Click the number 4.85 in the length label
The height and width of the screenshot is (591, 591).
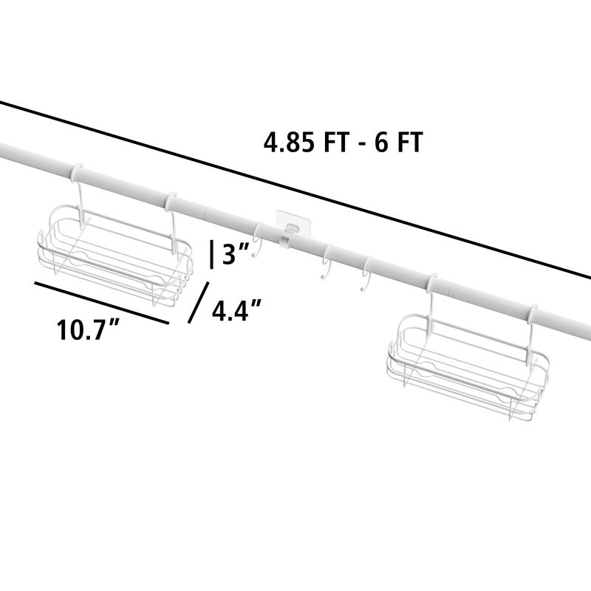tap(288, 143)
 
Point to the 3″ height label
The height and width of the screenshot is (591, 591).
tap(236, 253)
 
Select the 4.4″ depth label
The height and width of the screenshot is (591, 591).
tap(236, 310)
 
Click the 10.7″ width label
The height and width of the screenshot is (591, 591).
tap(88, 329)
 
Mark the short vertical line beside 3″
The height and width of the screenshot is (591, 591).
tap(211, 255)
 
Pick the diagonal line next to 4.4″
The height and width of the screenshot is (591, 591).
tap(198, 302)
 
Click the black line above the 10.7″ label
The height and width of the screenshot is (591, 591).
tap(101, 303)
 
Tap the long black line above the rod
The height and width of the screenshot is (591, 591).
tap(295, 190)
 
